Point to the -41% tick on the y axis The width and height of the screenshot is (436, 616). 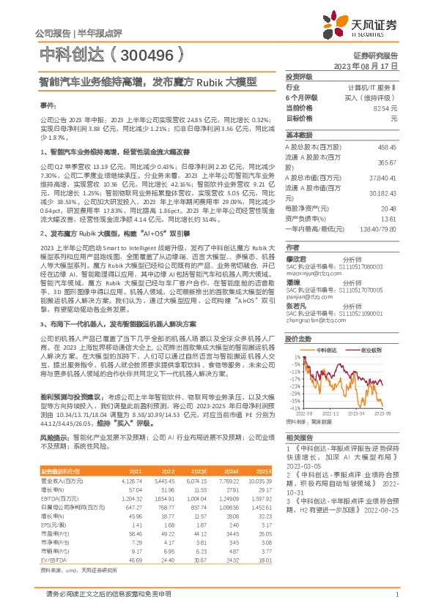(295, 407)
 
